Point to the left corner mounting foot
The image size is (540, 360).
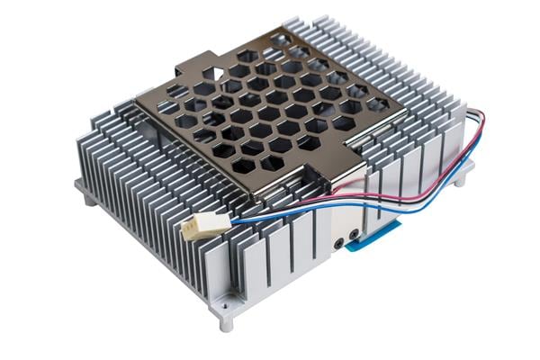tap(85, 193)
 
